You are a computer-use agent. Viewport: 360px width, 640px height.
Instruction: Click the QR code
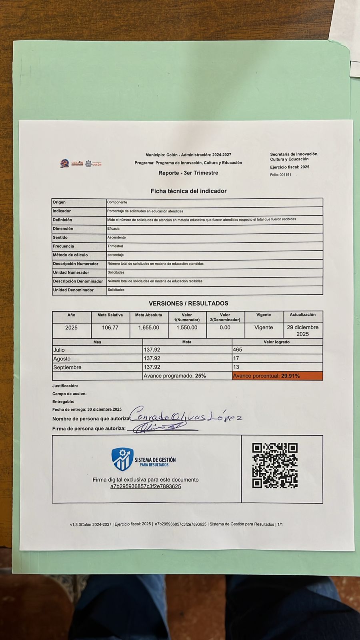[x=275, y=466]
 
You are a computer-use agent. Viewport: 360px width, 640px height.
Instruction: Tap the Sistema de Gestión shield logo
[x=122, y=459]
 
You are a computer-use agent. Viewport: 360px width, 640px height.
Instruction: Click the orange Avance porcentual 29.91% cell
[x=277, y=376]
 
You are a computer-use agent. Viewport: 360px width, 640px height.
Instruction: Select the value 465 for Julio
[x=238, y=350]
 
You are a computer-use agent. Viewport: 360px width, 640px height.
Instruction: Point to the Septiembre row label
[x=67, y=367]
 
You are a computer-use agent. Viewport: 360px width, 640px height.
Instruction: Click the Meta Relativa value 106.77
[x=110, y=328]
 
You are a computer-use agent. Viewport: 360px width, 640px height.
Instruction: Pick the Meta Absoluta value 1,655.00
[x=148, y=328]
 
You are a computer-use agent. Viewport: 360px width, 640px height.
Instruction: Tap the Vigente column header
[x=264, y=315]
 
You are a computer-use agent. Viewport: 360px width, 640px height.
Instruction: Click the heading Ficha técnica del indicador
[x=188, y=191]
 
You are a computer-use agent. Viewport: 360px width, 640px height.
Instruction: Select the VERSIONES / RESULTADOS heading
[x=188, y=304]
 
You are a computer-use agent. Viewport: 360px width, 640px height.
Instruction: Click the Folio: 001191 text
[x=281, y=175]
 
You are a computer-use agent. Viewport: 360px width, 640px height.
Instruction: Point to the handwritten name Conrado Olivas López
[x=186, y=416]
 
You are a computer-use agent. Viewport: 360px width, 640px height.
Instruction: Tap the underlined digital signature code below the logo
[x=146, y=487]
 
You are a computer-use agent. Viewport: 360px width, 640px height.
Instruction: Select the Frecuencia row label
[x=64, y=246]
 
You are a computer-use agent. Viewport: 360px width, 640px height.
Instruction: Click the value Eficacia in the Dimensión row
[x=114, y=229]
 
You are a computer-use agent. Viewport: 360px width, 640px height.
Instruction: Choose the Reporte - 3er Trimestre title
[x=188, y=173]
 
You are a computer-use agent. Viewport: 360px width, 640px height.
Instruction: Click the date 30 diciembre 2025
[x=104, y=410]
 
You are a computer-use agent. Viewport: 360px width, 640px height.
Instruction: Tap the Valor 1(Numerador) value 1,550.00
[x=187, y=328]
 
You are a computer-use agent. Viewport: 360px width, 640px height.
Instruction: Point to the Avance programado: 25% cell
[x=175, y=376]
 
